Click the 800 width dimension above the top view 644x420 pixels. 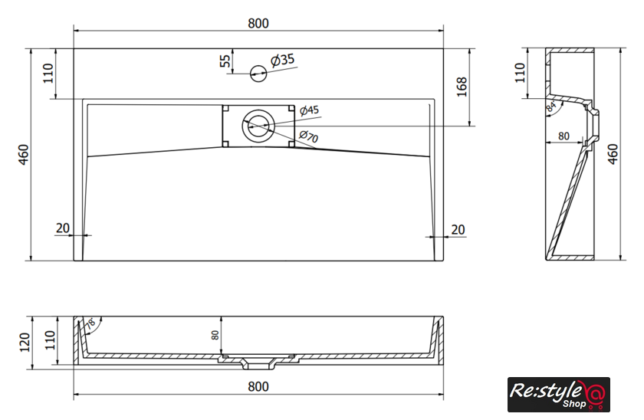coord(258,24)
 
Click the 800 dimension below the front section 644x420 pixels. coord(258,386)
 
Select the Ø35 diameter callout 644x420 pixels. coord(283,60)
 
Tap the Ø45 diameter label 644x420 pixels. coord(309,110)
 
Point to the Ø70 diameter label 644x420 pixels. coord(308,136)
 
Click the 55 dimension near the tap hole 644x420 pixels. coord(225,61)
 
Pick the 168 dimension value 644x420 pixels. coord(462,87)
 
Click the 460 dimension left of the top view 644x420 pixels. coord(24,154)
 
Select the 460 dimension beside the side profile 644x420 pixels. coord(613,154)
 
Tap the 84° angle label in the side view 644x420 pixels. coord(551,107)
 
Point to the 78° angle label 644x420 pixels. coord(91,323)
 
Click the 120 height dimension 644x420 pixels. coord(25,343)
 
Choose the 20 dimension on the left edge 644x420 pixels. coord(62,228)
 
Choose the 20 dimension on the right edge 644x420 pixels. coord(458,229)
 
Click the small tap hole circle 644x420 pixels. coord(258,74)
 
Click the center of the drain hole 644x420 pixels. coord(258,126)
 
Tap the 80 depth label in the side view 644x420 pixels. coord(564,136)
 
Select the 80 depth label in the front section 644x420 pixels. coord(215,335)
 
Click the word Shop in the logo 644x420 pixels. coord(574,404)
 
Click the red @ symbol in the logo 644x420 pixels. coord(594,395)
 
